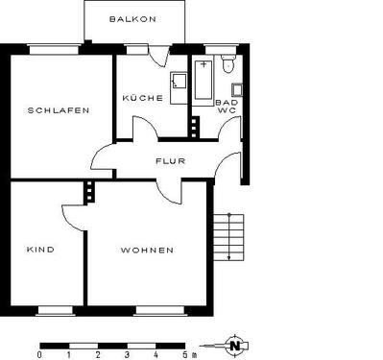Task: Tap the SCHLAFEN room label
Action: click(60, 110)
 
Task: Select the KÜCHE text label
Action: click(141, 99)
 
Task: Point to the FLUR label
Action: click(170, 161)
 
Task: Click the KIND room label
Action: click(40, 250)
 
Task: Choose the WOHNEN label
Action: click(147, 250)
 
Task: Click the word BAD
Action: click(227, 102)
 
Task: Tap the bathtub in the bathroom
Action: click(203, 79)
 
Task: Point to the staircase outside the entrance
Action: click(228, 236)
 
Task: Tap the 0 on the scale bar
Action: click(39, 354)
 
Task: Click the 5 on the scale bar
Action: click(184, 354)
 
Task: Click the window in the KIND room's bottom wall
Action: click(53, 309)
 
